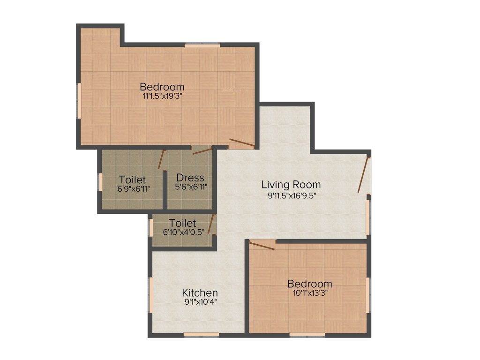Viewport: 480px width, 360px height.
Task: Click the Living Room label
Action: [x=291, y=185]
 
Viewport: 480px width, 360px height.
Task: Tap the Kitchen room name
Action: [x=200, y=293]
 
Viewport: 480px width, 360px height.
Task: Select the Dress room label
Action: [x=190, y=178]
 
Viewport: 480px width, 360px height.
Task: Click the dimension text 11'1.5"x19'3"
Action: [x=162, y=97]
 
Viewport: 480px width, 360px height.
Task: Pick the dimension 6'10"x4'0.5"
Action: [x=183, y=232]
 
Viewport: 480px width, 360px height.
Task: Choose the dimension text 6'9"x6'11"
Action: [x=132, y=188]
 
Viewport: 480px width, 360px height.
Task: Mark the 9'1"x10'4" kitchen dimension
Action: [x=200, y=302]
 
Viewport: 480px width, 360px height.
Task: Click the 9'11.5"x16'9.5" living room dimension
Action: [x=291, y=195]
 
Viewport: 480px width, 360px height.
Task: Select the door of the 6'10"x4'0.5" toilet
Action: [x=212, y=224]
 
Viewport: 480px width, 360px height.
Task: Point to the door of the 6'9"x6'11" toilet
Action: [x=162, y=159]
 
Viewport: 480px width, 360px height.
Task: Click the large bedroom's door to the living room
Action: [x=242, y=143]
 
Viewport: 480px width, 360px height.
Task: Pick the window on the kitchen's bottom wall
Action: [x=201, y=334]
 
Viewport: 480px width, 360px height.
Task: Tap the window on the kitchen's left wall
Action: [x=151, y=294]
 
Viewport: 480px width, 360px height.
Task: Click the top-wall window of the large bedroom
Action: [x=202, y=45]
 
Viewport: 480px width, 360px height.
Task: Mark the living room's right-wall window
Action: [x=368, y=217]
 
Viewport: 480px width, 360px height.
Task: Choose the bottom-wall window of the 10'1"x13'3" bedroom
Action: [x=307, y=334]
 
